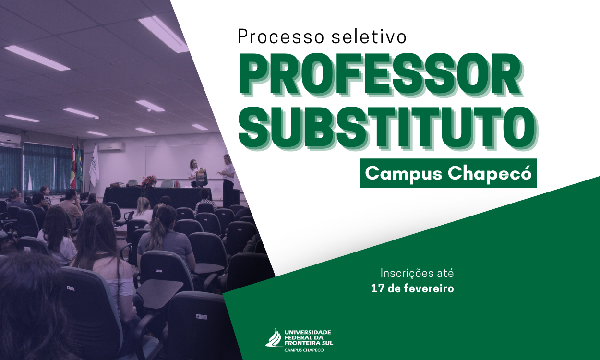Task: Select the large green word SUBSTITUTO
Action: [387, 127]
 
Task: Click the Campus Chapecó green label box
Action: [448, 173]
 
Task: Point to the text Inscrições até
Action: [417, 274]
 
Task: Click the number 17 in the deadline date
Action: [377, 288]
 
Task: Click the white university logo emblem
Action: [274, 337]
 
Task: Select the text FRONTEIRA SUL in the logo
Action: [309, 343]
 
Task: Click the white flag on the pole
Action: [94, 166]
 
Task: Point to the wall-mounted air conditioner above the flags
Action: [111, 146]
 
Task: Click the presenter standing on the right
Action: [228, 180]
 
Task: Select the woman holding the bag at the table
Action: [193, 174]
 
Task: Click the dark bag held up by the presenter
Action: [202, 178]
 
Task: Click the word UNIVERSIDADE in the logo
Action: [308, 332]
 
